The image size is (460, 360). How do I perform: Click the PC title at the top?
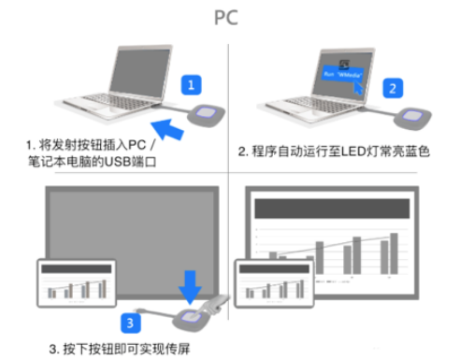pos(231,18)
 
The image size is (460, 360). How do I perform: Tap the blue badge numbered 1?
pos(191,85)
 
